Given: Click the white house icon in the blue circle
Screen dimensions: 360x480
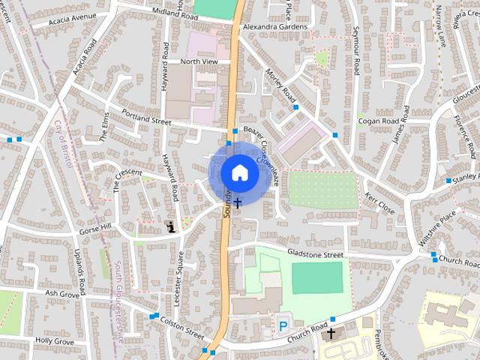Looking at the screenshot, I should pyautogui.click(x=239, y=172).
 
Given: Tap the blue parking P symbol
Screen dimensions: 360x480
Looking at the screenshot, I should pyautogui.click(x=283, y=325).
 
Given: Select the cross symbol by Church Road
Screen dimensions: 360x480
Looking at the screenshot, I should pyautogui.click(x=330, y=331).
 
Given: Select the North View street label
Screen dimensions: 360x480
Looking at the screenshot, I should pyautogui.click(x=198, y=61).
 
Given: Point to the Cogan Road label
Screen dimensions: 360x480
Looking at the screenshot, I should pyautogui.click(x=378, y=121).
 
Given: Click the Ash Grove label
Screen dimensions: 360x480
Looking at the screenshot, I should pyautogui.click(x=62, y=293).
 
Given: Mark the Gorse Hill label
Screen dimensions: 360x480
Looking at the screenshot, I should pyautogui.click(x=95, y=227).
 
